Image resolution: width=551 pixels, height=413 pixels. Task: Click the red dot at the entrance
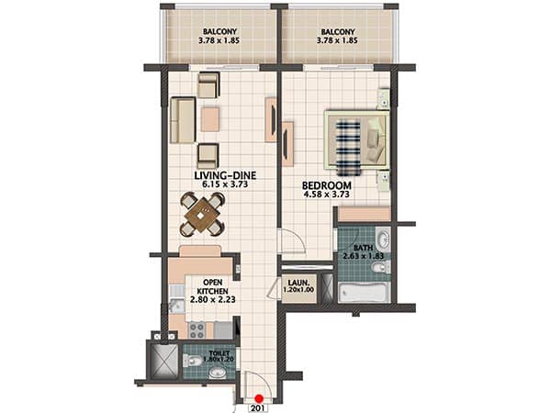coord(259,398)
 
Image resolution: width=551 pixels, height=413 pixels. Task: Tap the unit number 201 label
coord(259,408)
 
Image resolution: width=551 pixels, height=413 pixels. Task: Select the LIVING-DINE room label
coord(225,175)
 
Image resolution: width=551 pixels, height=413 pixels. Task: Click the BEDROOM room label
coord(326,185)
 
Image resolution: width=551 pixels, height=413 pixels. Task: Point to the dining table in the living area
coord(202,215)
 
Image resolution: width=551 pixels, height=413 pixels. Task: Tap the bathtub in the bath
coord(365,292)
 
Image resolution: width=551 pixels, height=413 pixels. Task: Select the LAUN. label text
coord(298,283)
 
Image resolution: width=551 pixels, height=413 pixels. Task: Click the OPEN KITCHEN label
coord(213,286)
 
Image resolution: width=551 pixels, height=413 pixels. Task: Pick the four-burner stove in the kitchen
coord(197,330)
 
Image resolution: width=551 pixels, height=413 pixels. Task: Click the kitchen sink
coord(176,306)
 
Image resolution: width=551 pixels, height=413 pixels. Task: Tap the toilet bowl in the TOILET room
coord(192,361)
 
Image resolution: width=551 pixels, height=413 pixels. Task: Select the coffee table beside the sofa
coord(210,119)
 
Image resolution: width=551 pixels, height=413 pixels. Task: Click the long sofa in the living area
coord(183,120)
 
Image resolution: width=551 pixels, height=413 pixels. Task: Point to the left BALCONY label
coord(219,31)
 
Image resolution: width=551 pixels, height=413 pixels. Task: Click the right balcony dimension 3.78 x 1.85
coord(337,40)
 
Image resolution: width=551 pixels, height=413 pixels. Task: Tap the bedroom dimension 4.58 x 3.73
coord(326,194)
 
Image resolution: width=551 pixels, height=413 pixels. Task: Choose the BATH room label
coord(364,248)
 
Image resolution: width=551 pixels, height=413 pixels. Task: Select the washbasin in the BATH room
coord(382,239)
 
